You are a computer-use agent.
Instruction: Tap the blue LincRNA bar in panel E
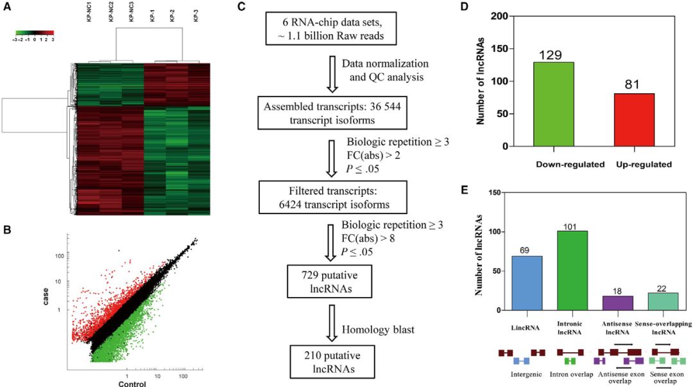[x=527, y=283]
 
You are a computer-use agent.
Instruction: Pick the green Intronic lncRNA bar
[x=572, y=271]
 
